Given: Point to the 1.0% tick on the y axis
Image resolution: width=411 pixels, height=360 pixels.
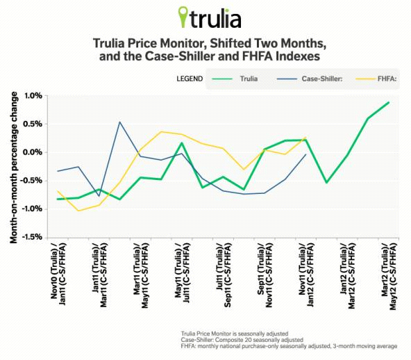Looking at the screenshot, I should [32, 95].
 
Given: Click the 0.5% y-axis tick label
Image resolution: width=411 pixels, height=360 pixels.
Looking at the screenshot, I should [32, 124].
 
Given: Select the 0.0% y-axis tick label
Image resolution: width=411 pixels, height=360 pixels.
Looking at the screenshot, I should [32, 152].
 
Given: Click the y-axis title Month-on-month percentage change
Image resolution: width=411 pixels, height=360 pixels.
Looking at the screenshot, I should [13, 167].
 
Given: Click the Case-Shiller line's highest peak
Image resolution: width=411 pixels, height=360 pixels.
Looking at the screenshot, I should [119, 122].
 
